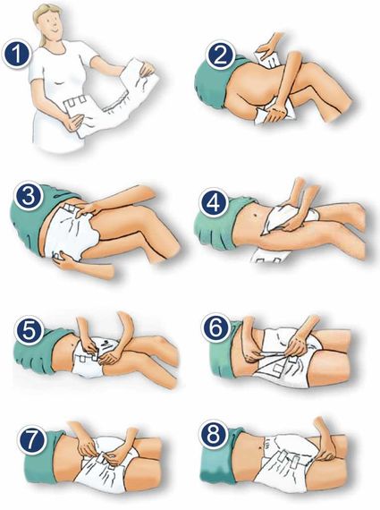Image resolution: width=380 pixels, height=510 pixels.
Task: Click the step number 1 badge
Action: click(17, 55)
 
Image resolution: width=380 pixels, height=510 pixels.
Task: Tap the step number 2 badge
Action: click(220, 55)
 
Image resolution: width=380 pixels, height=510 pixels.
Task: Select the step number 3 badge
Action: click(29, 196)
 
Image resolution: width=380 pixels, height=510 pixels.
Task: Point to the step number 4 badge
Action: click(213, 204)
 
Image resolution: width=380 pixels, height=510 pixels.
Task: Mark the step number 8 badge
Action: click(213, 434)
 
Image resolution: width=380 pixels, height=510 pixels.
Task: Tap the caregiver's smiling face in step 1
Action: click(52, 24)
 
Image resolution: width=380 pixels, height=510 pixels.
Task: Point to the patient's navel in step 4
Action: click(256, 216)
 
